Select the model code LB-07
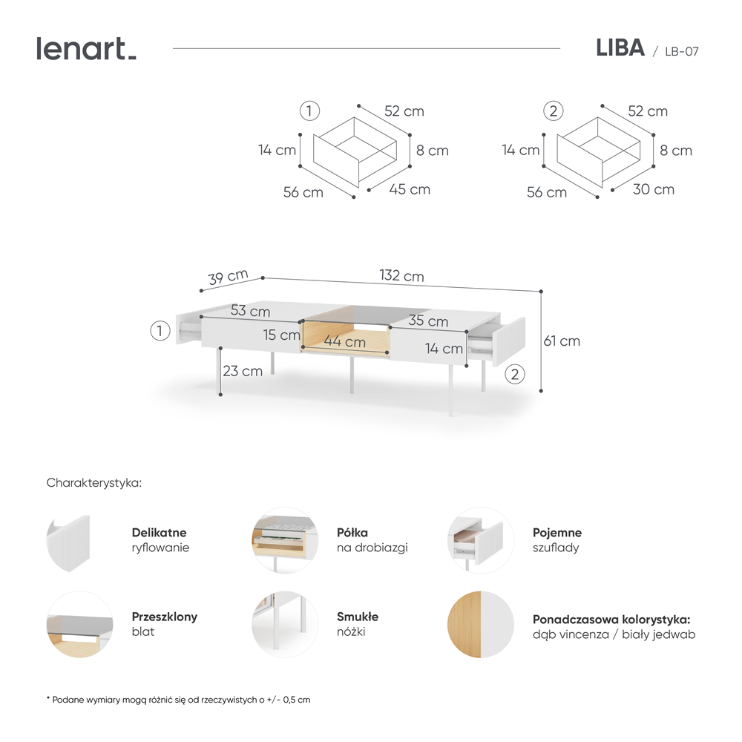[681, 51]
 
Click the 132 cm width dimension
[401, 276]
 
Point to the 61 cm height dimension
[562, 341]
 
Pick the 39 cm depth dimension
[228, 278]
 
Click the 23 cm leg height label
[243, 371]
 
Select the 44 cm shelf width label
[344, 342]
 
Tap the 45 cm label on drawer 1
[410, 189]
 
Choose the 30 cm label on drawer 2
[654, 189]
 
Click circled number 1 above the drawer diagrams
[309, 111]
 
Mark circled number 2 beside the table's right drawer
[516, 373]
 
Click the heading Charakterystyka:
[93, 483]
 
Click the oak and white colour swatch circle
[481, 624]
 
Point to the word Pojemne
[556, 533]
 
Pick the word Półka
[352, 533]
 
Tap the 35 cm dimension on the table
[427, 321]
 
